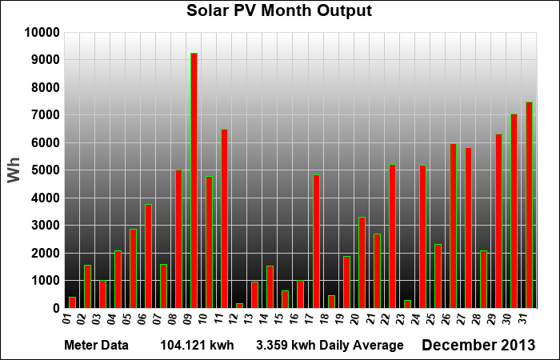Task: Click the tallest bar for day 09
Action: click(x=194, y=181)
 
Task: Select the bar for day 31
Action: click(x=529, y=205)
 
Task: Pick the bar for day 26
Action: click(x=453, y=226)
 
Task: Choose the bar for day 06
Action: click(x=148, y=256)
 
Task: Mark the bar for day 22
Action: click(x=392, y=236)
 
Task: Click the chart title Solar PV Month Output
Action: click(x=279, y=11)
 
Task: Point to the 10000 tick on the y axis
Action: click(x=42, y=33)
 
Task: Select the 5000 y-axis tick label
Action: click(x=46, y=170)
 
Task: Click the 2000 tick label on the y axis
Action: click(x=46, y=254)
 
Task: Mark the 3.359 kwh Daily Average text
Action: click(x=330, y=346)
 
